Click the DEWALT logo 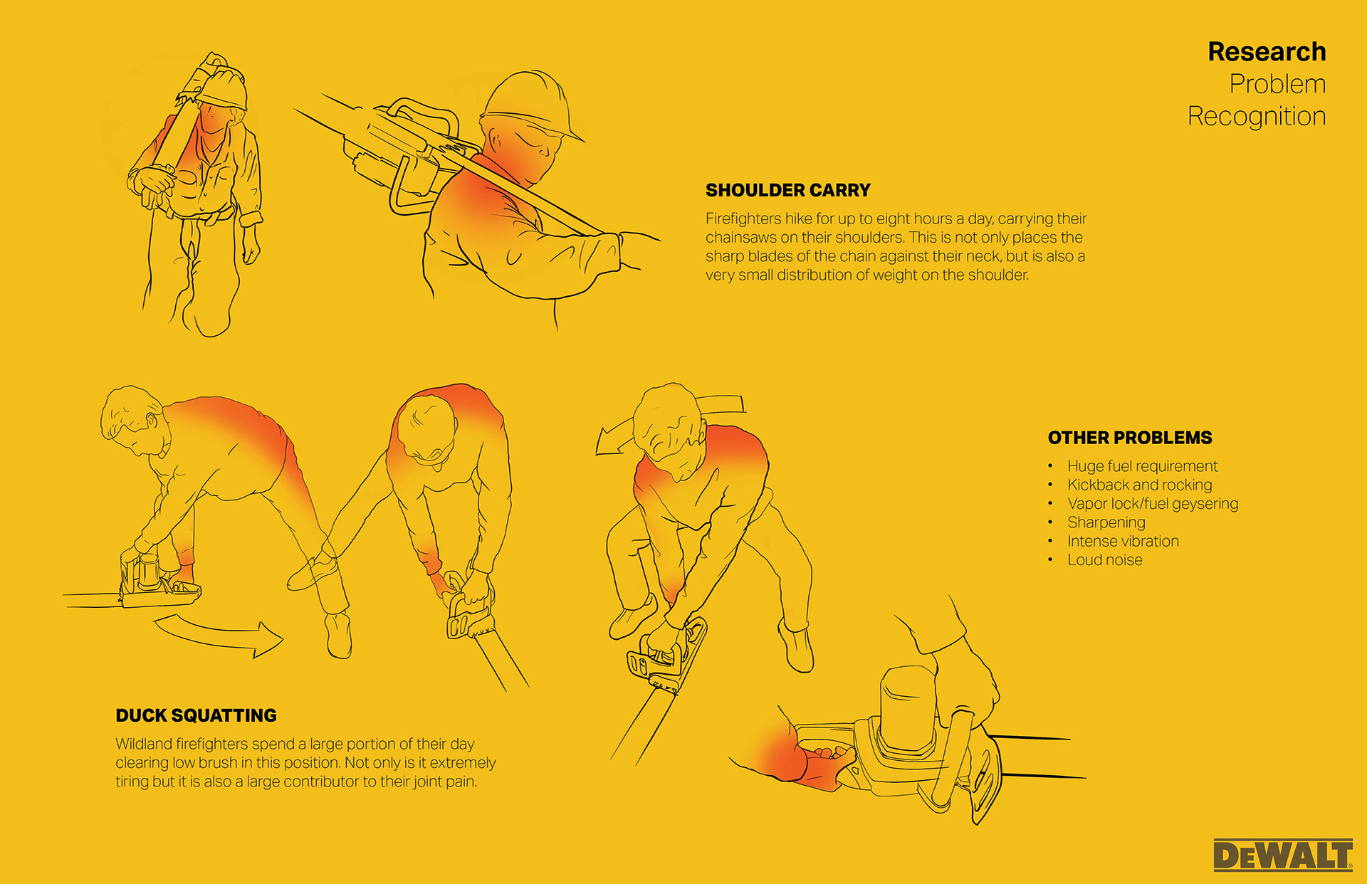(x=1282, y=855)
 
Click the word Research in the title (x=1267, y=52)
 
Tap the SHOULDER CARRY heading (x=787, y=190)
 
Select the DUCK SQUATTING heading (x=196, y=715)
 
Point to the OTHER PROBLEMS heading (x=1129, y=438)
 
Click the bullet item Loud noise (x=1104, y=560)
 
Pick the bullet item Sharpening (x=1106, y=522)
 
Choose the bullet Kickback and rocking (x=1139, y=485)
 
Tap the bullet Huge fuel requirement (x=1142, y=466)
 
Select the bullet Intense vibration (x=1123, y=541)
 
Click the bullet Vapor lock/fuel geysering (x=1152, y=504)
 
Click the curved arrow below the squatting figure (x=221, y=636)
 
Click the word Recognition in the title (x=1256, y=116)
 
